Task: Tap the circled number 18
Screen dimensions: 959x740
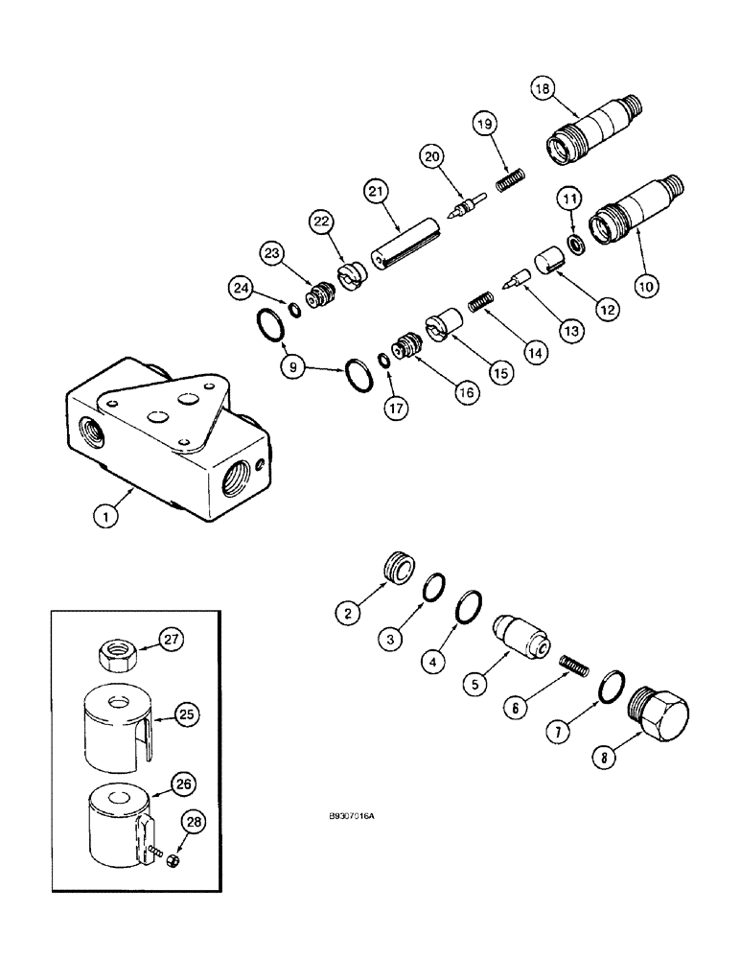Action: pos(543,88)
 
